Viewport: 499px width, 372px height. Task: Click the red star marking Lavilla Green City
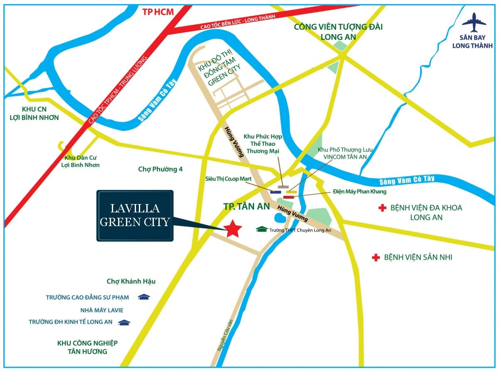(233, 228)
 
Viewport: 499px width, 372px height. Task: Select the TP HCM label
(158, 12)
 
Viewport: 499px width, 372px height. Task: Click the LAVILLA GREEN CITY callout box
(135, 216)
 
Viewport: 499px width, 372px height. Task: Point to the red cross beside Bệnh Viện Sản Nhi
(376, 258)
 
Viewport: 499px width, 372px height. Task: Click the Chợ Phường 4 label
(161, 169)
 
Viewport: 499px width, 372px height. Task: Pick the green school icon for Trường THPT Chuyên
(262, 229)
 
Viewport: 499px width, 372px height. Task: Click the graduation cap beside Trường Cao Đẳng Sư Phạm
(144, 297)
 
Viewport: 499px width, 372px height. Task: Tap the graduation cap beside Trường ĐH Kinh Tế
(124, 322)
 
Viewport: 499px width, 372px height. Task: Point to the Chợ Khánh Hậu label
(131, 281)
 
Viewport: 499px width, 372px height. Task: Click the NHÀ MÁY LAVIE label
(102, 310)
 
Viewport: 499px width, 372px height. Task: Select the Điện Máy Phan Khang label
(360, 192)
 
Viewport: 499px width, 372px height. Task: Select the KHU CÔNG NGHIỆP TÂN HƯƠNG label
(87, 347)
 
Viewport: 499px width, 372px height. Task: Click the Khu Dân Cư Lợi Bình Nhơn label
(82, 161)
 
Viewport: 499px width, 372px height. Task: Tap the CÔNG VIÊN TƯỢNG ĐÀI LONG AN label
(338, 32)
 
